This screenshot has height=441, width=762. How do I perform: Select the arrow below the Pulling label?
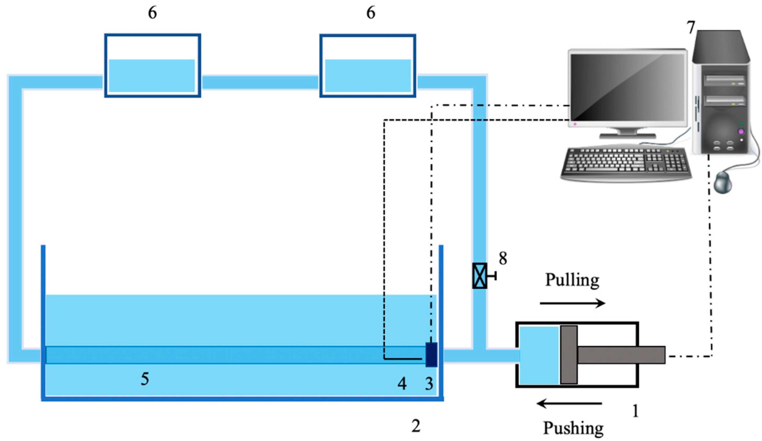(x=572, y=303)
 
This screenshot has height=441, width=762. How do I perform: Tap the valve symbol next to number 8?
(x=480, y=276)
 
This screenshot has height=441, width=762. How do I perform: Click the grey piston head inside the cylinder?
(x=569, y=354)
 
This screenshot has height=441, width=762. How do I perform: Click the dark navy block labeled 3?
(x=431, y=354)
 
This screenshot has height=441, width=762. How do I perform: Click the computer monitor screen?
(x=627, y=88)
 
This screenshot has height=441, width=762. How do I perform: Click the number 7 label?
(x=691, y=28)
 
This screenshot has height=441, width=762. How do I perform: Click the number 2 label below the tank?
(x=416, y=426)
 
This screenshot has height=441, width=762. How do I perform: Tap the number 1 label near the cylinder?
(x=635, y=411)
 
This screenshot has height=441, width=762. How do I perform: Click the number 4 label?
(x=402, y=383)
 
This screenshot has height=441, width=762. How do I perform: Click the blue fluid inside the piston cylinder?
(x=539, y=355)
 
